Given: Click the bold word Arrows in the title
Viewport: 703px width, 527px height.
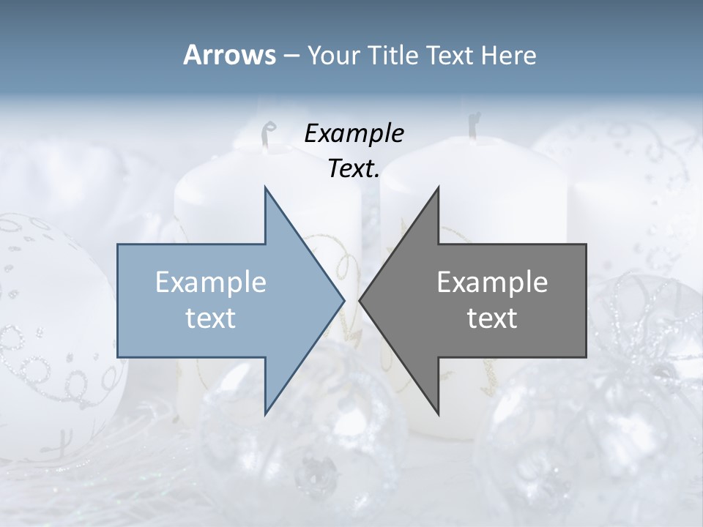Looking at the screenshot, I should (x=229, y=55).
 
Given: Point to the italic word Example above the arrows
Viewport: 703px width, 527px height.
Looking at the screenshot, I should (x=354, y=134).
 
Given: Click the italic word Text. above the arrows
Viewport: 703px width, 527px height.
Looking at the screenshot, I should (x=354, y=169).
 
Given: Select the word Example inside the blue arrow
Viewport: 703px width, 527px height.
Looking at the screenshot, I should (x=211, y=282).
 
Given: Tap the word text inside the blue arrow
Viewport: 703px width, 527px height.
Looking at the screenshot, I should (x=211, y=318).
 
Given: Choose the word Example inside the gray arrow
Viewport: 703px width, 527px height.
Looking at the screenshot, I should (x=492, y=282).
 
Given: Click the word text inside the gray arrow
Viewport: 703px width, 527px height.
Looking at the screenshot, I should (x=492, y=318).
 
